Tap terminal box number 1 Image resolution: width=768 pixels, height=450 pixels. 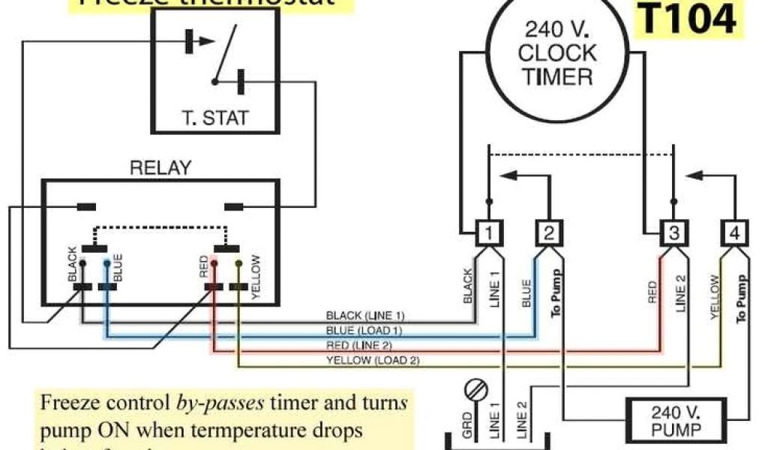(x=488, y=234)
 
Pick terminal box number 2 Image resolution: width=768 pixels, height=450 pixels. (x=549, y=234)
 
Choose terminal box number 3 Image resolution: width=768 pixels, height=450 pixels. (x=673, y=234)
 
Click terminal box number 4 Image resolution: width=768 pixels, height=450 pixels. (x=733, y=234)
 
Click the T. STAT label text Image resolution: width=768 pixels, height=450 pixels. (x=215, y=118)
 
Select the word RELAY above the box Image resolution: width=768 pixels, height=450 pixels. (x=160, y=168)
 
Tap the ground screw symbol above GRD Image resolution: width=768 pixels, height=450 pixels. (x=475, y=391)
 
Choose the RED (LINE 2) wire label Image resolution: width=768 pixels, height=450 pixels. (x=360, y=345)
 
